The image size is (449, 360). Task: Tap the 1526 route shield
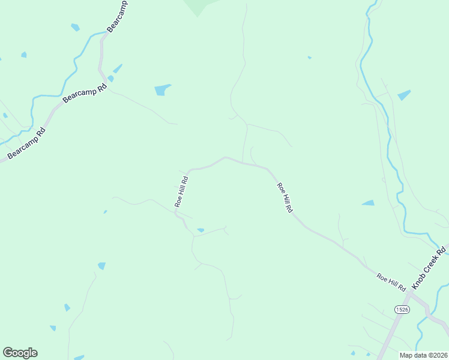pos(402,309)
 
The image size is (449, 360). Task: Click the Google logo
pos(20,353)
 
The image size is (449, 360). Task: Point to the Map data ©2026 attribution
pos(423,355)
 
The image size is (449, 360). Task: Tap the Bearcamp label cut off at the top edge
pos(117,16)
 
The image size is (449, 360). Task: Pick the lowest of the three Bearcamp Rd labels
pos(26,144)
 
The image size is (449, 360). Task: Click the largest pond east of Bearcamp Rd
pos(162,90)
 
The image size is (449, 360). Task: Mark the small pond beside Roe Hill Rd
pos(200,230)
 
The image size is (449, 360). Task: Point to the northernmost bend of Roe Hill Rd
pos(225,158)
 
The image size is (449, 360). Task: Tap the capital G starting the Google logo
pos(8,353)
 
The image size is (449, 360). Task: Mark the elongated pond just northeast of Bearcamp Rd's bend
pos(117,68)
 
